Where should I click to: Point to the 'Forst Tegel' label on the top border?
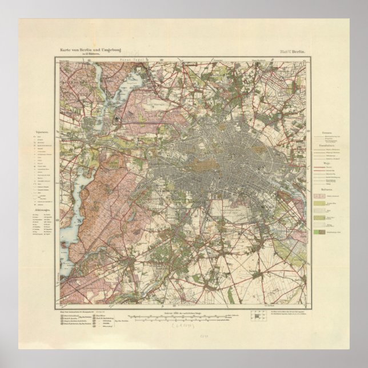(122, 60)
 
